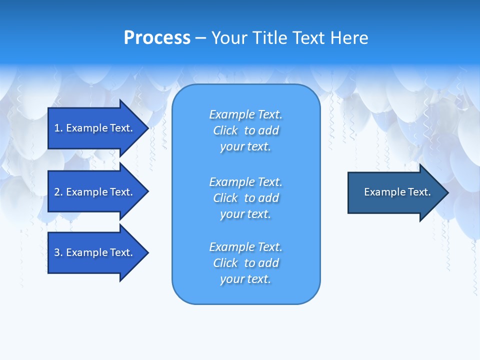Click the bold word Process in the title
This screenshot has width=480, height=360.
tap(157, 38)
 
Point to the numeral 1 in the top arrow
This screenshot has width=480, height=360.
tap(57, 128)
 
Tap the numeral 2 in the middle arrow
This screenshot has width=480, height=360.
tap(57, 192)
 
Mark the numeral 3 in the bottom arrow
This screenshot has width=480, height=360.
tap(57, 252)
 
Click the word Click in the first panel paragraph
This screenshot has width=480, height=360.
tap(225, 130)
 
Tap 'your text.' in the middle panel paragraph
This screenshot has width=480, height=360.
tap(245, 214)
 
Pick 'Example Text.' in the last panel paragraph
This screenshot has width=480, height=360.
tap(245, 247)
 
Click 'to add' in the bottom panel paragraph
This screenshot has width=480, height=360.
tap(261, 263)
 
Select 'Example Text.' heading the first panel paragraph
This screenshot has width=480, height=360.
tap(245, 114)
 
